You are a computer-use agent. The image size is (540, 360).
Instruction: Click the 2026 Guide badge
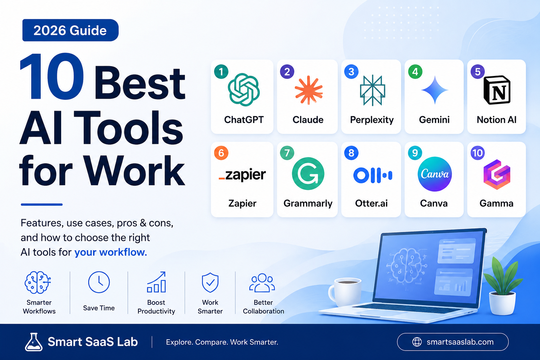pyautogui.click(x=70, y=30)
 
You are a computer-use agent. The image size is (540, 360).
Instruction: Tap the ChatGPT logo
pyautogui.click(x=244, y=90)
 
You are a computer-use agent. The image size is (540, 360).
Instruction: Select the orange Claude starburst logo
pyautogui.click(x=309, y=90)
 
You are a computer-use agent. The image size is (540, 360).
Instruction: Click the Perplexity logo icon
pyautogui.click(x=372, y=90)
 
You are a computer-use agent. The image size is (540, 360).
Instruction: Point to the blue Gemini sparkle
pyautogui.click(x=435, y=90)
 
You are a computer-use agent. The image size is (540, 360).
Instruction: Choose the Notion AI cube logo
pyautogui.click(x=497, y=90)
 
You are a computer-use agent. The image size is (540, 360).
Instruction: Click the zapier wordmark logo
pyautogui.click(x=242, y=175)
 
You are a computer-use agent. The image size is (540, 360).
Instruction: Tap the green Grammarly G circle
pyautogui.click(x=308, y=174)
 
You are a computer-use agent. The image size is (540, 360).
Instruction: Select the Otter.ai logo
pyautogui.click(x=372, y=175)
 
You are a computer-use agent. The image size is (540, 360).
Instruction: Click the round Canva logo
pyautogui.click(x=435, y=174)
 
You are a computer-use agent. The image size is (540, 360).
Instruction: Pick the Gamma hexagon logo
pyautogui.click(x=497, y=174)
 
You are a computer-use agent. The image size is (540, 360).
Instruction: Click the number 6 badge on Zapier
pyautogui.click(x=221, y=153)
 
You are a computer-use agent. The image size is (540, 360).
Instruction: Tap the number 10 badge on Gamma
pyautogui.click(x=477, y=153)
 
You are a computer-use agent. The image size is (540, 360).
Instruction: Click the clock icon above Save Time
pyautogui.click(x=99, y=282)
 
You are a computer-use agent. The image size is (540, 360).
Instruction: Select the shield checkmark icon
pyautogui.click(x=210, y=283)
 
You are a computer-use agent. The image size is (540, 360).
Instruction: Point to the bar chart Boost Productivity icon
pyautogui.click(x=156, y=282)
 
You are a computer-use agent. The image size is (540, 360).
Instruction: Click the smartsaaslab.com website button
pyautogui.click(x=453, y=342)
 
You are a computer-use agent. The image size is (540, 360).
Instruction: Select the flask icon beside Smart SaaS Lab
pyautogui.click(x=34, y=342)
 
